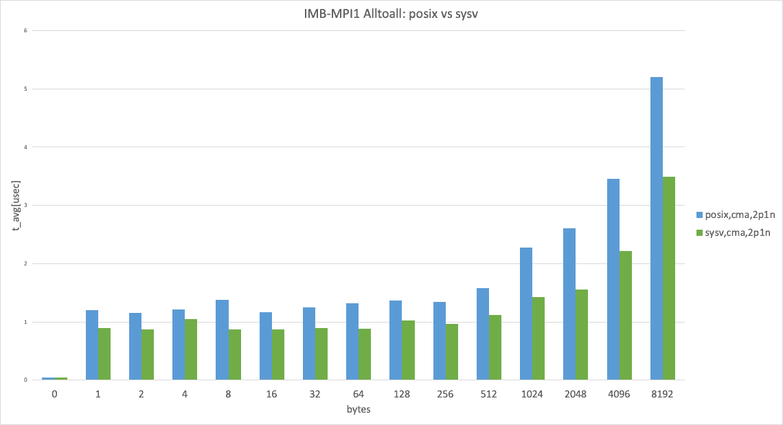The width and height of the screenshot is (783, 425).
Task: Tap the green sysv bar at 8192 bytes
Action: [x=669, y=279]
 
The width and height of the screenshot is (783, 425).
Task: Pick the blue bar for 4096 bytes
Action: [x=613, y=279]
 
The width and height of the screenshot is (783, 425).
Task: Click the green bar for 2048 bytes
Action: [x=582, y=335]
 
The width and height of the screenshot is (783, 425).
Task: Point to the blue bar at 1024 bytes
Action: [x=526, y=314]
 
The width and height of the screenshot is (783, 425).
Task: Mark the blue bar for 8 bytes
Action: [x=222, y=340]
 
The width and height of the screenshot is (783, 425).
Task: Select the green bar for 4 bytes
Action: [x=192, y=349]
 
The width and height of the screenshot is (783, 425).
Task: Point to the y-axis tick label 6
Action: [x=25, y=31]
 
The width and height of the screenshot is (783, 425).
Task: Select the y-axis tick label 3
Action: [x=25, y=206]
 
